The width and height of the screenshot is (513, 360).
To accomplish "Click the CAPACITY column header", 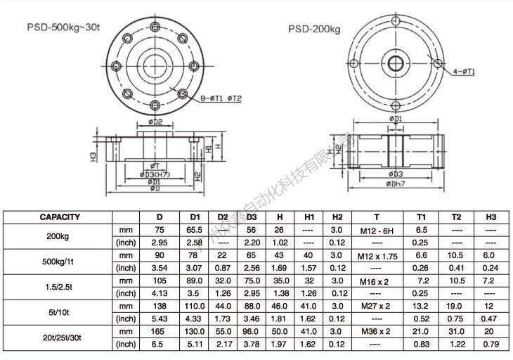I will pyautogui.click(x=59, y=217).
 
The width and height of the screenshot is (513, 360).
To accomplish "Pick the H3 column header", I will pyautogui.click(x=491, y=217).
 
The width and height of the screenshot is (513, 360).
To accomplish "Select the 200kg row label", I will pyautogui.click(x=59, y=236).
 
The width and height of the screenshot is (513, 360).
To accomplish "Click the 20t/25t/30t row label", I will pyautogui.click(x=59, y=337).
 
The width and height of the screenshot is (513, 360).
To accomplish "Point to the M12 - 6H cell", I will pyautogui.click(x=377, y=230).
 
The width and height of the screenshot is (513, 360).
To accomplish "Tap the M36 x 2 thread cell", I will pyautogui.click(x=377, y=330).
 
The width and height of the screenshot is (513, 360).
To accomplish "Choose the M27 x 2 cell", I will pyautogui.click(x=377, y=306).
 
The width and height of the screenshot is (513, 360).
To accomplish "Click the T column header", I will pyautogui.click(x=377, y=217).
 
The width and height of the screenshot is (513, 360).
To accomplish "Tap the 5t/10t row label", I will pyautogui.click(x=59, y=312).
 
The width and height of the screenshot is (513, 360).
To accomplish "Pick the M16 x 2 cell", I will pyautogui.click(x=377, y=281).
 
